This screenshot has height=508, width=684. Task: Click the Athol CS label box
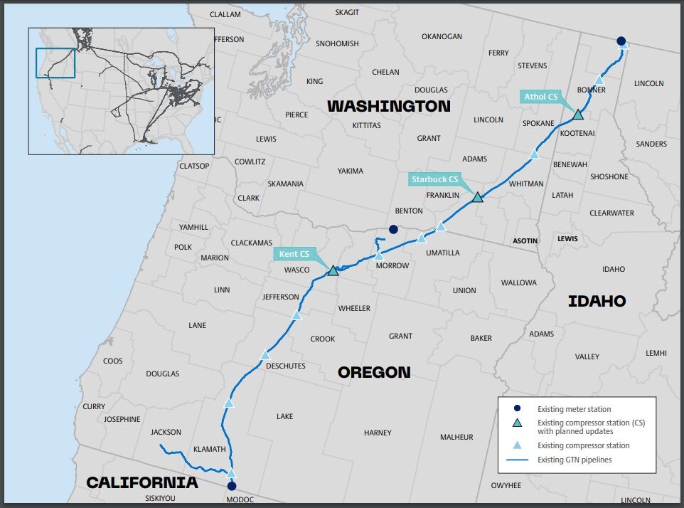[541, 97]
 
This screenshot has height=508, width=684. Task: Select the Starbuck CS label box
[434, 179]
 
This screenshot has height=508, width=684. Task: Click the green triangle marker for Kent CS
[333, 270]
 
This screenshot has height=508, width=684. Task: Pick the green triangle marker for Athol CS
[578, 114]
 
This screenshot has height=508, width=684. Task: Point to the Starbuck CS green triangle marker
[478, 196]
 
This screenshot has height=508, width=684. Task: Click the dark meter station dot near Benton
[393, 229]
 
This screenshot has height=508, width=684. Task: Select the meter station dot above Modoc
[231, 487]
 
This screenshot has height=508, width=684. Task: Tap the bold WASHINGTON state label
[388, 106]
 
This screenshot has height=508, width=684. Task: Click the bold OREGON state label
[373, 372]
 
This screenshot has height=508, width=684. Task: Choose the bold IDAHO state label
[597, 301]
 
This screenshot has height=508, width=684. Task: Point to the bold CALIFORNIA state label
[141, 482]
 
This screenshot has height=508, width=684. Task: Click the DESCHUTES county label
[284, 366]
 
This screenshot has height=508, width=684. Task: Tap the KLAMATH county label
[209, 449]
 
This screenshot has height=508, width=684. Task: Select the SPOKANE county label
[538, 123]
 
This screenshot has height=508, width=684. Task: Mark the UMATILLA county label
[442, 253]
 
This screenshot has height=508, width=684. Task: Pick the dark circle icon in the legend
[518, 408]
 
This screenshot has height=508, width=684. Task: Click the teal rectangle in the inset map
[55, 63]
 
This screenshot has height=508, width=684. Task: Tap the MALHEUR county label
[456, 437]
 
